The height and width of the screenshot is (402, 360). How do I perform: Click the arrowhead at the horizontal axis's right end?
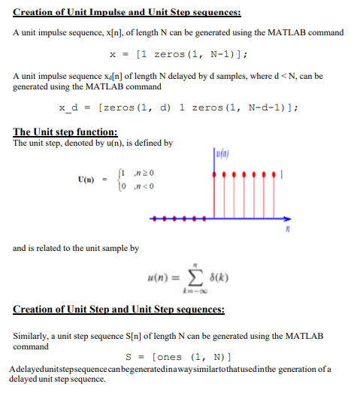pos(289,219)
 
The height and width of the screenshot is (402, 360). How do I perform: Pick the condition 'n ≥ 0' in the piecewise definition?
pos(139,174)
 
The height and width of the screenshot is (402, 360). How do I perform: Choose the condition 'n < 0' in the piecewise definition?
pos(139,185)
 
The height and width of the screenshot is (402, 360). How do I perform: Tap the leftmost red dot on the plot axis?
pos(153,219)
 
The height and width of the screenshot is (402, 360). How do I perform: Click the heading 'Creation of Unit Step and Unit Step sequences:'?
pos(118,310)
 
